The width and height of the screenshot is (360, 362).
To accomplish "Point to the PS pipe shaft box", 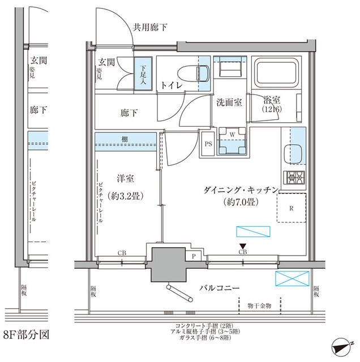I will click(x=207, y=144).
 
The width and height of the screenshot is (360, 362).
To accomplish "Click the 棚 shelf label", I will click(x=123, y=139).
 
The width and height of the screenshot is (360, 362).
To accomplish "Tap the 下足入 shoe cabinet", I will click(x=143, y=74).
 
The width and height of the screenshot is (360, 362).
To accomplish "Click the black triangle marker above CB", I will click(x=243, y=245).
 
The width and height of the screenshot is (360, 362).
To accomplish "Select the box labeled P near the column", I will click(x=194, y=256).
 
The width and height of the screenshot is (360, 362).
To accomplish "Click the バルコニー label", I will click(x=218, y=288).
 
